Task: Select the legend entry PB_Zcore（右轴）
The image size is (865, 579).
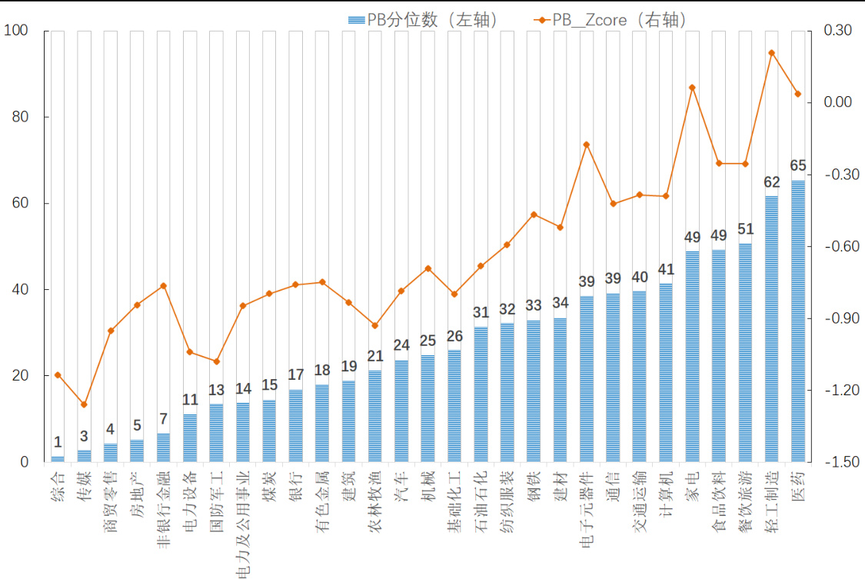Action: pos(607,20)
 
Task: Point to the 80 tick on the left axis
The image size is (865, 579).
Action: pos(17,118)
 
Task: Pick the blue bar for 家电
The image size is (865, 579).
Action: pos(692,357)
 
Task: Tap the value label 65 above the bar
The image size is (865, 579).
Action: pos(798,166)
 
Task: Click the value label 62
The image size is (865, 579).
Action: pos(771,182)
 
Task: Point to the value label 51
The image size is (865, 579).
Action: pos(745,229)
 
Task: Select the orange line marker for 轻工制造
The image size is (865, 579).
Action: pos(771,53)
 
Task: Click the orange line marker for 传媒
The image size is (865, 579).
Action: pos(84,404)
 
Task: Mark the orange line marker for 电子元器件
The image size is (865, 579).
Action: pos(586,145)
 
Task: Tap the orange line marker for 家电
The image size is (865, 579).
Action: pos(692,88)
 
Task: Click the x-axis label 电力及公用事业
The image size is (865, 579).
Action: pos(242,524)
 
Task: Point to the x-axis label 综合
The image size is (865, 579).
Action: pos(58,487)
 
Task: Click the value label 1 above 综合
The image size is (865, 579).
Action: pos(58,442)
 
